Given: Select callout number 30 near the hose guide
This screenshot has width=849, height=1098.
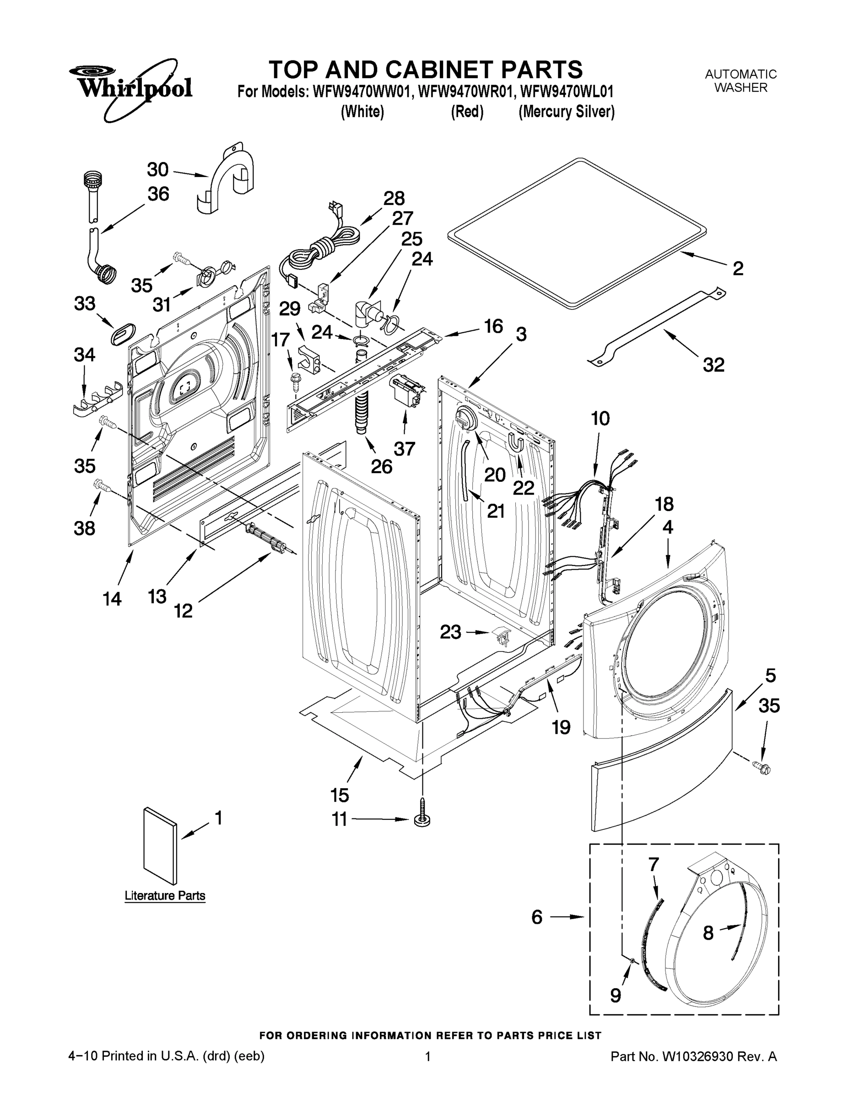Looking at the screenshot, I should (x=157, y=169).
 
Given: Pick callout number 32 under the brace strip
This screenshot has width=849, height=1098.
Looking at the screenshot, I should (x=713, y=365).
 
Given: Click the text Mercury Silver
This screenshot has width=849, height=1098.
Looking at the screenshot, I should (x=567, y=112).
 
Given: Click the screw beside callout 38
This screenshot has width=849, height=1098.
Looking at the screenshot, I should (x=103, y=486).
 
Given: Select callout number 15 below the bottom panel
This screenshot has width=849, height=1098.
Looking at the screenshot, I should (x=340, y=795).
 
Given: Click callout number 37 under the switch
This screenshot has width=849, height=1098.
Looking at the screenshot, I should (x=405, y=448).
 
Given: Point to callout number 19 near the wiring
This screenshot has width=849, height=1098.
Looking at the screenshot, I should (x=561, y=727).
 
